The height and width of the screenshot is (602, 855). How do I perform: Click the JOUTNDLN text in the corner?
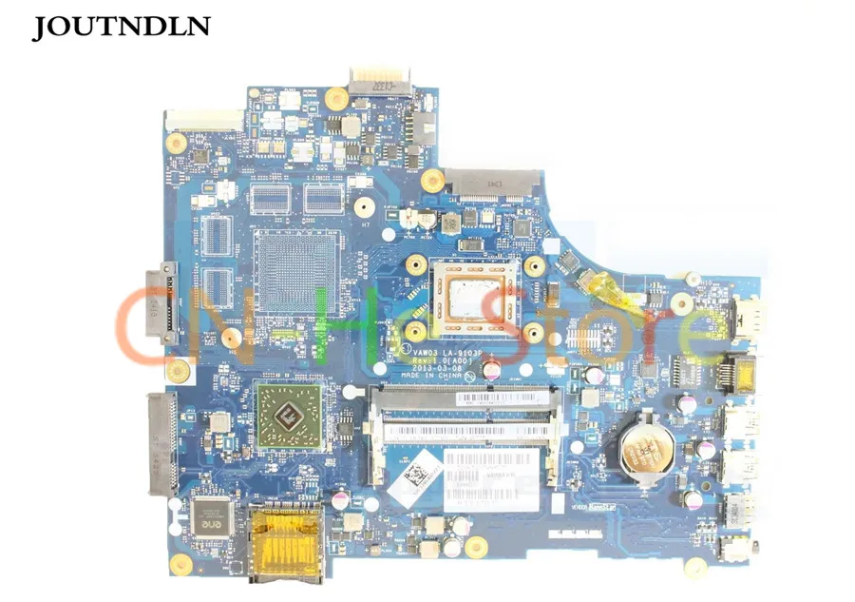121,28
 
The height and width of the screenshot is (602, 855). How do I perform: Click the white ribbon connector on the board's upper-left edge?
204,119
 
